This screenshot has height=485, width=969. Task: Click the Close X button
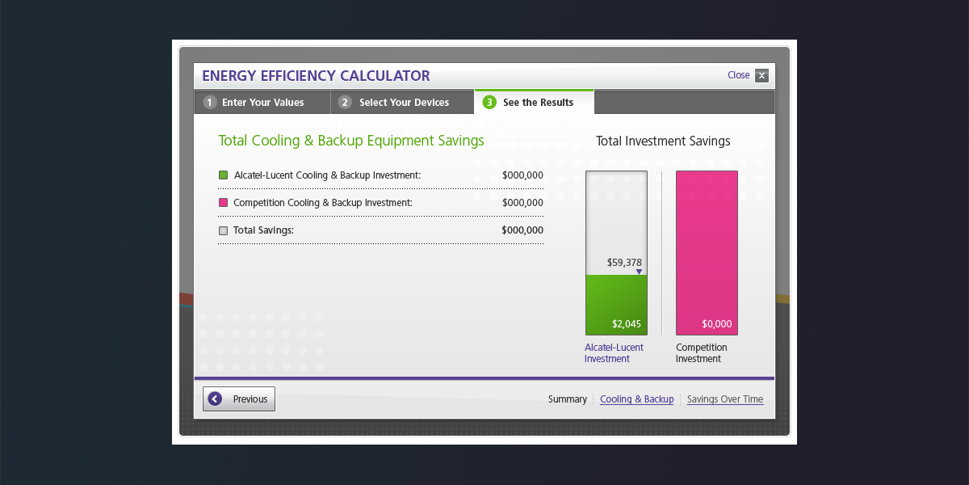[761, 76]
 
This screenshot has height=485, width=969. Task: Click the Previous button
[239, 399]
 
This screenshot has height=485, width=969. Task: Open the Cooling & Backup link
[636, 399]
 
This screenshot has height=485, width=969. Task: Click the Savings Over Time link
[724, 399]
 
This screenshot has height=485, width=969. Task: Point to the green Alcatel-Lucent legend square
[224, 175]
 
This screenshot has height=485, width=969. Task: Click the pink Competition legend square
[224, 203]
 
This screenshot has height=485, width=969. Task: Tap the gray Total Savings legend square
[224, 230]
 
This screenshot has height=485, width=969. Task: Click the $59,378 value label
[624, 263]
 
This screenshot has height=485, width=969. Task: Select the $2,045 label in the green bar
[627, 324]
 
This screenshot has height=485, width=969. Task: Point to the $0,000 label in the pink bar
[716, 324]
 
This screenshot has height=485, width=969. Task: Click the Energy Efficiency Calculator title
[316, 76]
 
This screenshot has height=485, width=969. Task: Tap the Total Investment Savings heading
[663, 141]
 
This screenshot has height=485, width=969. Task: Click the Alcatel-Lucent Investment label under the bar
[614, 353]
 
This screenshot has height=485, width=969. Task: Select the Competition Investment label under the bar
[701, 353]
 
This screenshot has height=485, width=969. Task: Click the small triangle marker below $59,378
[639, 272]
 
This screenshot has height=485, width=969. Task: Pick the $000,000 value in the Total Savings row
[522, 230]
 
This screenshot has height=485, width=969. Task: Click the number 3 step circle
[489, 103]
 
